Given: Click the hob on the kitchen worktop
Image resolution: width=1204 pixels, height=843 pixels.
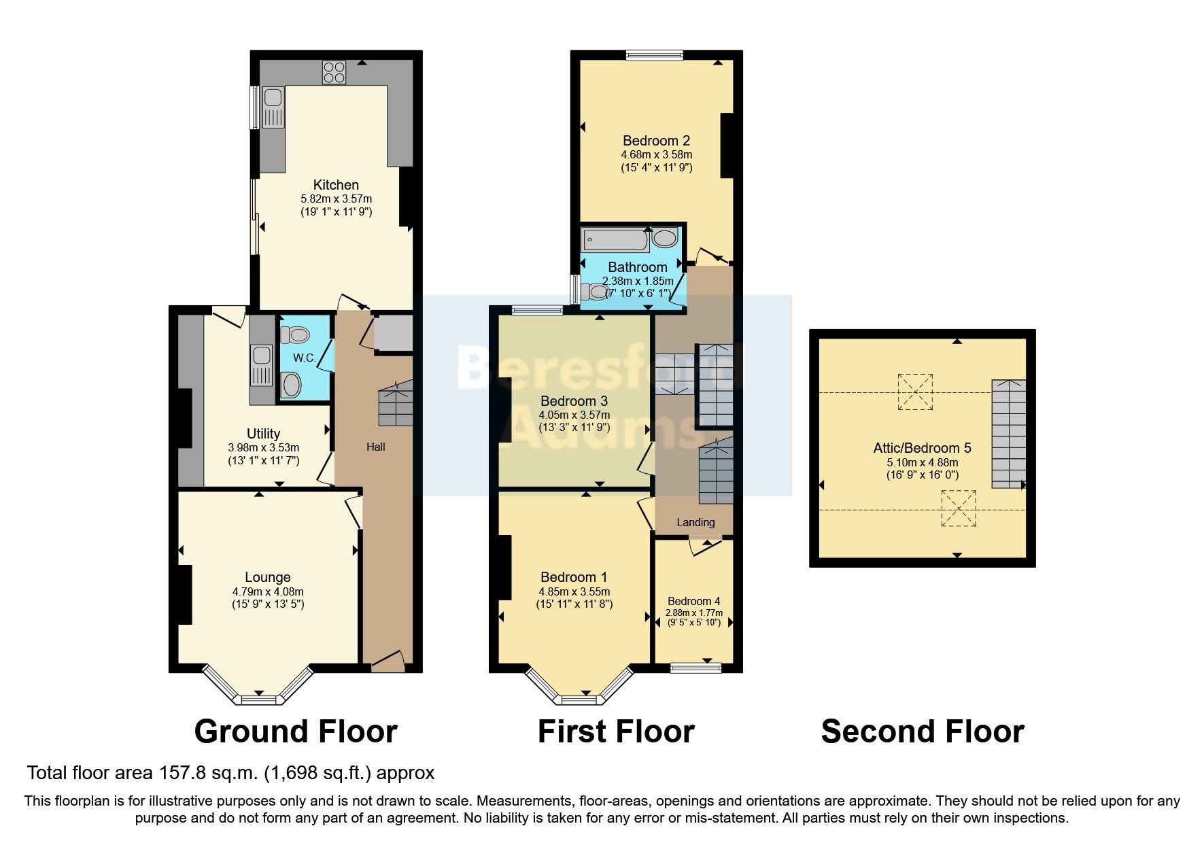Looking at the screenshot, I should click(334, 72).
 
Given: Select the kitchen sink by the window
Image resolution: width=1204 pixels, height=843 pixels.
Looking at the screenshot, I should click(273, 107).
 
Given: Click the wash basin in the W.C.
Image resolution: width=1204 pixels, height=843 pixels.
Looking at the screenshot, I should click(291, 385).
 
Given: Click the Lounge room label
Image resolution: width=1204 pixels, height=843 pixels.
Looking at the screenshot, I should click(267, 577).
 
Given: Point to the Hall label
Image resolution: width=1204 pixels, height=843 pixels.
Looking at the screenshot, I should click(375, 447).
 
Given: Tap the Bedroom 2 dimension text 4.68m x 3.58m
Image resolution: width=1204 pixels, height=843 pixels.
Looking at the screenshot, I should click(656, 154).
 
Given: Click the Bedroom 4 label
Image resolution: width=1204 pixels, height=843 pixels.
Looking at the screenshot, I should click(693, 601).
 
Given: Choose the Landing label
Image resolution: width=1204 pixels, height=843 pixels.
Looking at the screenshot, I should click(695, 522).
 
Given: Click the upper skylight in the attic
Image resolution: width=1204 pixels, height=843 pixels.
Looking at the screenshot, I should click(915, 391).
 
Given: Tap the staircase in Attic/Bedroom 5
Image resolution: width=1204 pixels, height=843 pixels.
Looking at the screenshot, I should click(1008, 434).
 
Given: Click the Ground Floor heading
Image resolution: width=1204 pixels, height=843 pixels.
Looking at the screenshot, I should click(296, 732).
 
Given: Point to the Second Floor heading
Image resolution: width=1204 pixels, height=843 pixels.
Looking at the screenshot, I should click(923, 732).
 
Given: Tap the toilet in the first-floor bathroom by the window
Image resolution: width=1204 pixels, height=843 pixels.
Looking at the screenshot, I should click(596, 292).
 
